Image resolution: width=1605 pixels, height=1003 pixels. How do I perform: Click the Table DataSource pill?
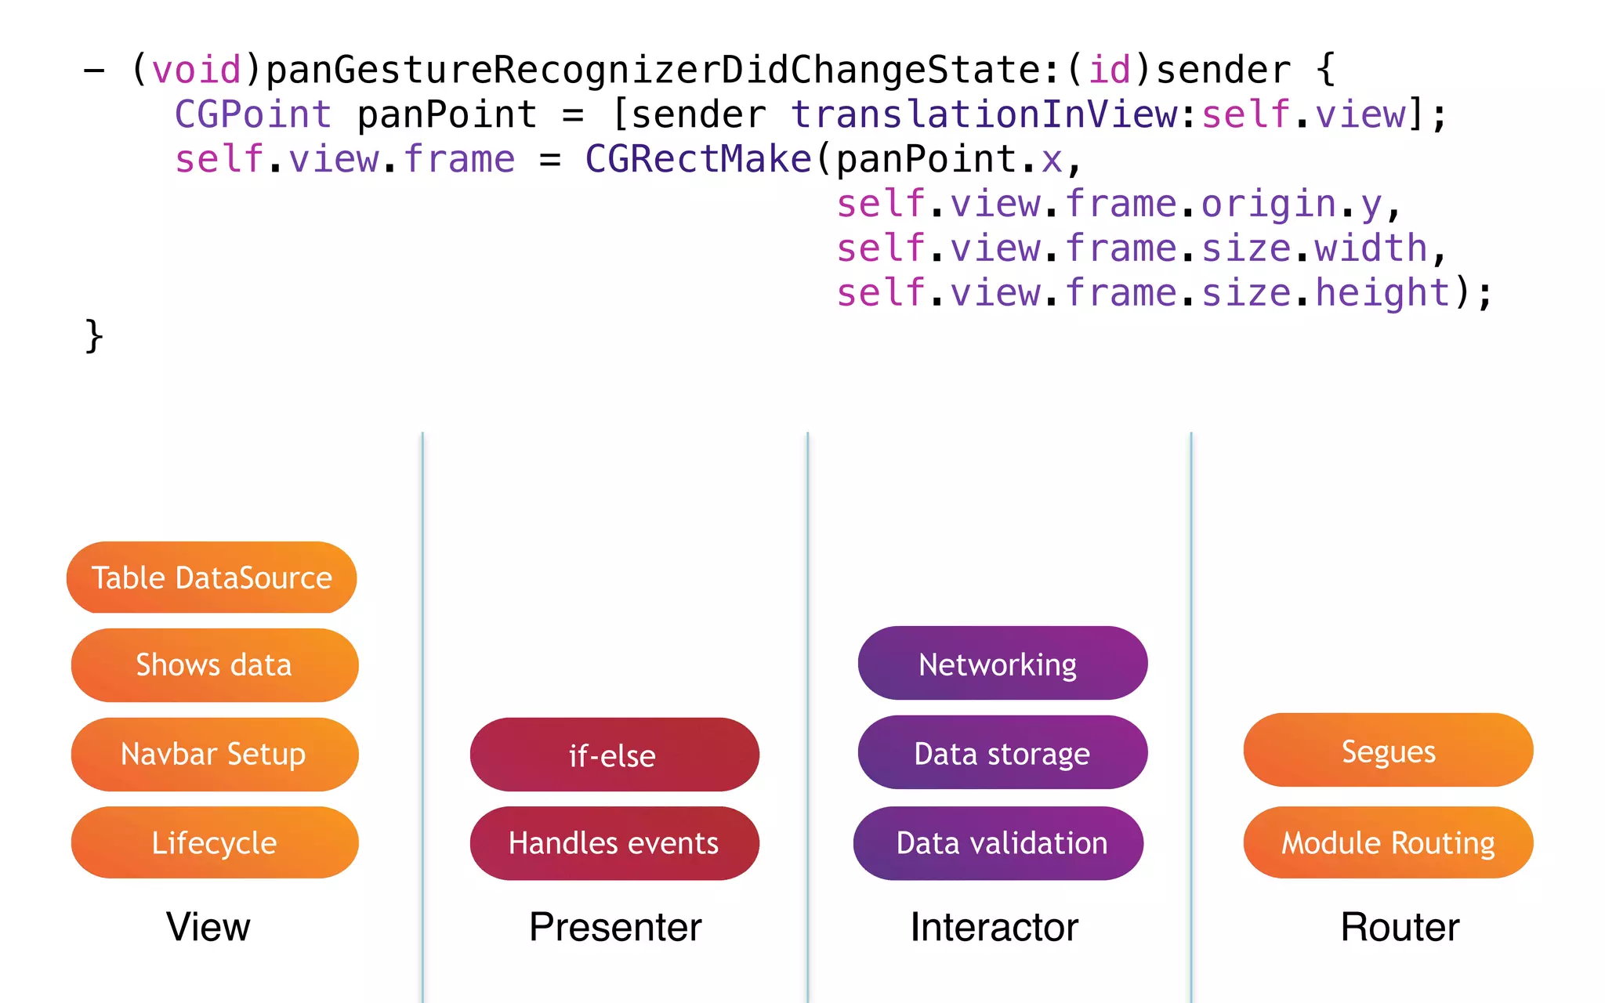click(212, 578)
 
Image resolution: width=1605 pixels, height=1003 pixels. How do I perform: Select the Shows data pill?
click(214, 664)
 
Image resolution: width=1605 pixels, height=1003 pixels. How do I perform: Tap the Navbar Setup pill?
click(214, 754)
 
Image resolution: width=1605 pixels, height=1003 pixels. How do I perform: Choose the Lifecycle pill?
click(214, 842)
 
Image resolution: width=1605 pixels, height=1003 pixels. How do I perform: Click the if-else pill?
click(614, 755)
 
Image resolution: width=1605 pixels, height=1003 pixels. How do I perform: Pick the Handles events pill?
click(614, 843)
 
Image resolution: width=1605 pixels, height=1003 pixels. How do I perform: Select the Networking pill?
click(1002, 664)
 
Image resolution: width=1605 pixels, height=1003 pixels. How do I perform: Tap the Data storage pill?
click(1002, 753)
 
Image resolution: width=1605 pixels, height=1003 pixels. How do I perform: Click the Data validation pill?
click(998, 843)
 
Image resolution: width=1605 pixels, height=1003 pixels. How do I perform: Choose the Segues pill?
click(1388, 751)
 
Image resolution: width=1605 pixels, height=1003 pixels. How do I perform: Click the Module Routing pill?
click(1388, 843)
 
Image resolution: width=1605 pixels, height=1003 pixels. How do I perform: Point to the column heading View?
click(208, 927)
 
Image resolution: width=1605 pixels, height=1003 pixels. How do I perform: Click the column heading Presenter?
click(615, 927)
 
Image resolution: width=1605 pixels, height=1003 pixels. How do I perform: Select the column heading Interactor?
click(994, 927)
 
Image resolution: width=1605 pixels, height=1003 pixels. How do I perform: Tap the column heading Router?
click(1400, 927)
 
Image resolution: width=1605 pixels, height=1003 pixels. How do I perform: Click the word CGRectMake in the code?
click(697, 159)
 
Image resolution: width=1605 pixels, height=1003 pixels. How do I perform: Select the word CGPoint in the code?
click(252, 114)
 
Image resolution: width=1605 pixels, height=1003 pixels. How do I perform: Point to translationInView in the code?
click(984, 114)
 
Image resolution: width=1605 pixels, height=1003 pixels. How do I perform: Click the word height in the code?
click(1382, 293)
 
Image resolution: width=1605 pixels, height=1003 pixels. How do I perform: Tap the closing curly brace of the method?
click(93, 336)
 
